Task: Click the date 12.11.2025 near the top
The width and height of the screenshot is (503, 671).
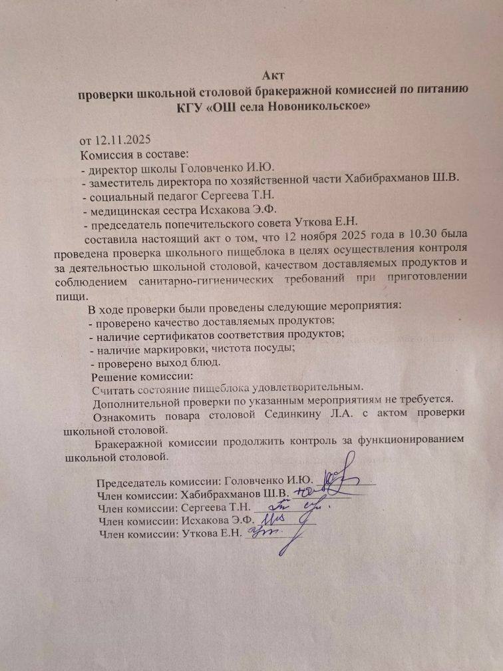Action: [x=123, y=140]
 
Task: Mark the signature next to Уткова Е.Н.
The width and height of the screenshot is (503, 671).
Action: [x=263, y=533]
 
